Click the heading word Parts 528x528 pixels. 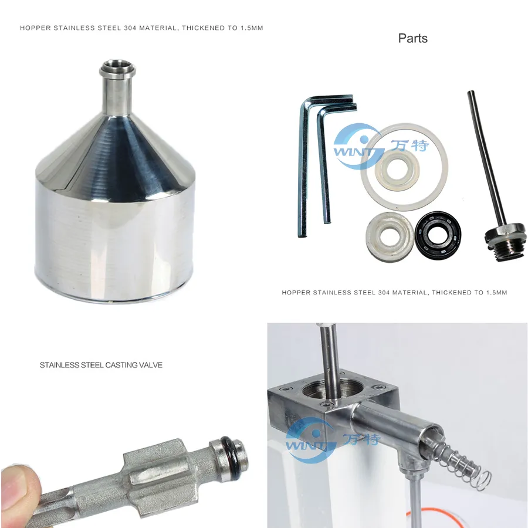pos(412,39)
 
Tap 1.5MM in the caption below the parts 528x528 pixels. pos(496,292)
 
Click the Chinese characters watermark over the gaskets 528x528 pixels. pos(411,145)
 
